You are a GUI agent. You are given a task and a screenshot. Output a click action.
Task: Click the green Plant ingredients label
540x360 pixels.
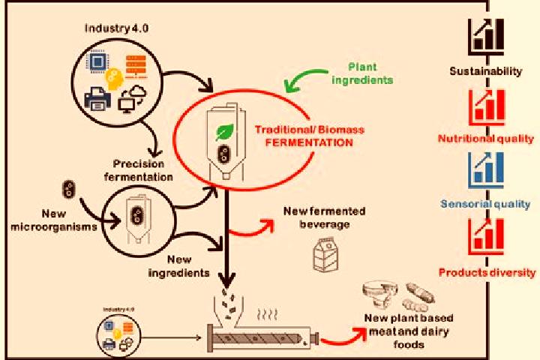tap(362, 73)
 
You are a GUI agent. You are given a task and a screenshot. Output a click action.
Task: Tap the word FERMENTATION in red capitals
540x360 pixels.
tap(309, 142)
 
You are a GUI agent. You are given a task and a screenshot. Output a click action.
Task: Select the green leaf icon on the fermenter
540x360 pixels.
tap(224, 132)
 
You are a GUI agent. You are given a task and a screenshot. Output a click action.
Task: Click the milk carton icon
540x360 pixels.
tap(325, 254)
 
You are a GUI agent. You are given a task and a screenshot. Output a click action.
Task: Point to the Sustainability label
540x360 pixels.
tap(485, 71)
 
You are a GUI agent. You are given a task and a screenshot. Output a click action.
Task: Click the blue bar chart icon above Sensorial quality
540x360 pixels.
tap(486, 169)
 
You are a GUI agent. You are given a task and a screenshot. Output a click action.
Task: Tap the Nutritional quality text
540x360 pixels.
tap(485, 139)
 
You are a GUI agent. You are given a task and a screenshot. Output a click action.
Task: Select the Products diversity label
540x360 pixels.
tap(487, 273)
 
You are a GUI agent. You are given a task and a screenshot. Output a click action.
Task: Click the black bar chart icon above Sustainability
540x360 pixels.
tap(486, 37)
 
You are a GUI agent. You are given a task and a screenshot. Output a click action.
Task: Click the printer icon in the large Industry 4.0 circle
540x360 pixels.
tap(97, 98)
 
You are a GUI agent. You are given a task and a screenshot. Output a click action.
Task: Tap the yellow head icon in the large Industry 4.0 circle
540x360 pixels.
tap(114, 79)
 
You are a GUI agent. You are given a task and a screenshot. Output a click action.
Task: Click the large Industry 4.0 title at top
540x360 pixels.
tap(116, 28)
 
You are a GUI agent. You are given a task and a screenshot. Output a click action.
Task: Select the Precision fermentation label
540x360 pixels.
tap(138, 170)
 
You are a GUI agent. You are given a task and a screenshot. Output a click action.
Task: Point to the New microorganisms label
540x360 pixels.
tap(54, 220)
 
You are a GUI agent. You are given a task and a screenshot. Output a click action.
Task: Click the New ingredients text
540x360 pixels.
tap(178, 266)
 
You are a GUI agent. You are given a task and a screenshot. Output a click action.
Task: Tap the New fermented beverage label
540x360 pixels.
tap(325, 217)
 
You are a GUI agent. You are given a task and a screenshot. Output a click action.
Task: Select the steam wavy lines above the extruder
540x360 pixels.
tap(267, 314)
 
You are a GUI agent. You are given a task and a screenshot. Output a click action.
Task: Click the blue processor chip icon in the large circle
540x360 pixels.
tap(98, 62)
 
